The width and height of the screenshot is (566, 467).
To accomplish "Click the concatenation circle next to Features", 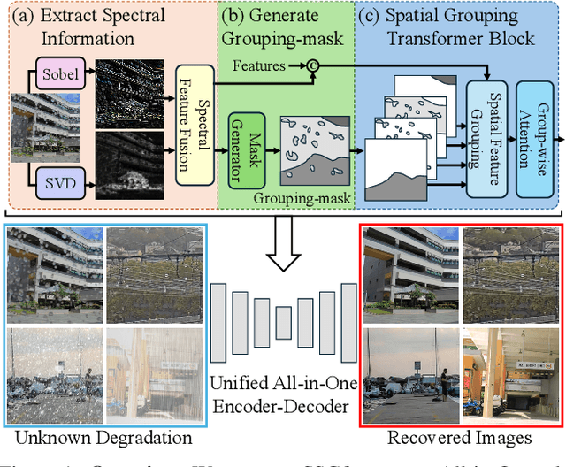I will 313,66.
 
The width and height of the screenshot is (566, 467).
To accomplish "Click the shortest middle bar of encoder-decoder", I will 283,329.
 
